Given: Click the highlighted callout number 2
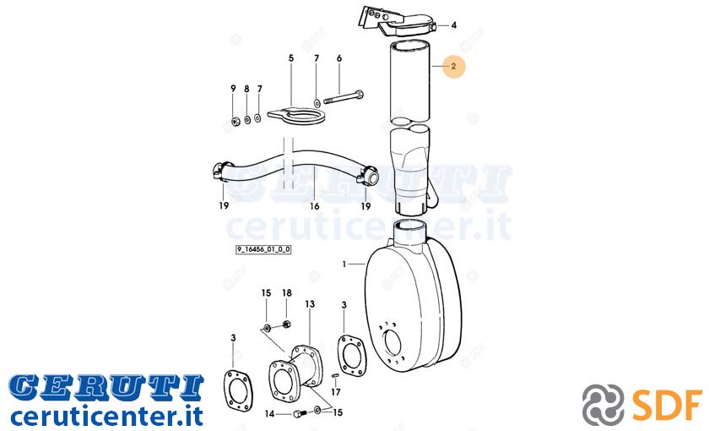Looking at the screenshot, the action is click(453, 66).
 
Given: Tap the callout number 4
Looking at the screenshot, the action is click(454, 25).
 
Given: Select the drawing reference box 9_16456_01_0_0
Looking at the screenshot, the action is click(263, 249).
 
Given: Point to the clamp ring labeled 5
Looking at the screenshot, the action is click(296, 117).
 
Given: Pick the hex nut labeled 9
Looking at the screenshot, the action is click(235, 121).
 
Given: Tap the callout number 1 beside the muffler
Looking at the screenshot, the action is click(344, 264).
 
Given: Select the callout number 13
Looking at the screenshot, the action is click(310, 303).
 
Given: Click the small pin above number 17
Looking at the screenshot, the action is click(336, 375).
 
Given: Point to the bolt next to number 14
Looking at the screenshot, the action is click(299, 413).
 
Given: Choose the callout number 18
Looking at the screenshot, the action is click(287, 293).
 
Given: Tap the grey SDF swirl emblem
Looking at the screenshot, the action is click(603, 404).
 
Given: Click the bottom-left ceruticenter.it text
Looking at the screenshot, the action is click(106, 416).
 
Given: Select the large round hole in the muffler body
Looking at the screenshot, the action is click(392, 343).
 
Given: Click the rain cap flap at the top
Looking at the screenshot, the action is click(397, 22).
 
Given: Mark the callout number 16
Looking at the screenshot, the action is click(315, 206).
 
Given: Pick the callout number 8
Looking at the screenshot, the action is click(246, 90).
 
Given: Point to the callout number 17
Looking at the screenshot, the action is click(336, 392).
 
